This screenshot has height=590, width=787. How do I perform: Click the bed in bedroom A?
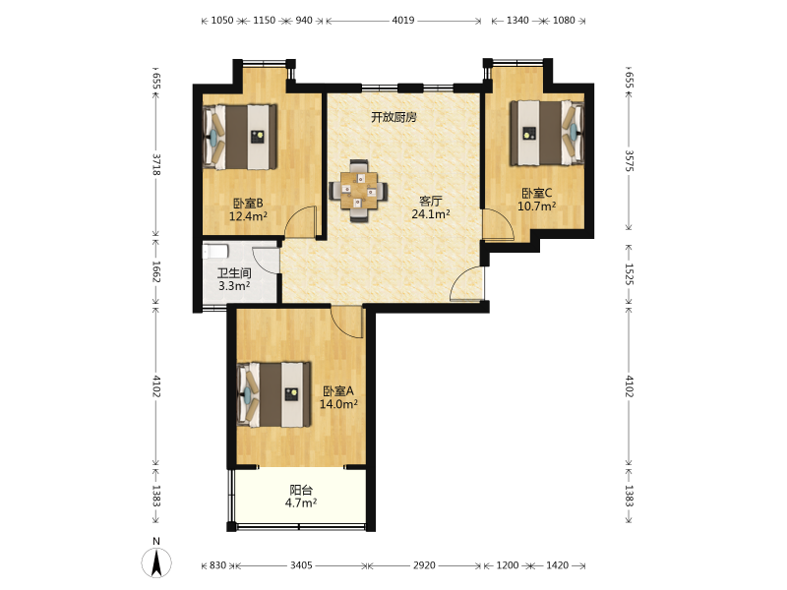click(274, 394)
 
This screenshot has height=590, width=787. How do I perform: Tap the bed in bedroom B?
click(240, 137)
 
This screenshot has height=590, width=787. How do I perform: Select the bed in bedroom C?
click(547, 133)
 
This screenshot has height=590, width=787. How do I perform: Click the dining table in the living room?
click(358, 191)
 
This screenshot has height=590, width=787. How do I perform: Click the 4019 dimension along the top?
click(403, 20)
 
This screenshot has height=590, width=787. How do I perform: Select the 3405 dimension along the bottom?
click(301, 565)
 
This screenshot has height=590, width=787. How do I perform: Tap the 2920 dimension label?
click(424, 565)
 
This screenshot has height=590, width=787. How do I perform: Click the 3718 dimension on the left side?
click(156, 164)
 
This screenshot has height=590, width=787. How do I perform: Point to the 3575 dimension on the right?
click(630, 160)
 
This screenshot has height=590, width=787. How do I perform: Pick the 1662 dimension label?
click(156, 271)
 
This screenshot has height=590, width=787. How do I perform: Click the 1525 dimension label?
click(630, 274)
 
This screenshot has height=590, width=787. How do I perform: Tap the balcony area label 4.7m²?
click(301, 502)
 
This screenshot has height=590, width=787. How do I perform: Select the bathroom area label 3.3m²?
click(234, 286)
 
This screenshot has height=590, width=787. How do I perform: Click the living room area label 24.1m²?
click(431, 214)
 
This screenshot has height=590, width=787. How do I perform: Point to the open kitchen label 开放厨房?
click(394, 117)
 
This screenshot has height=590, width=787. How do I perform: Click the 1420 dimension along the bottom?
click(557, 565)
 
